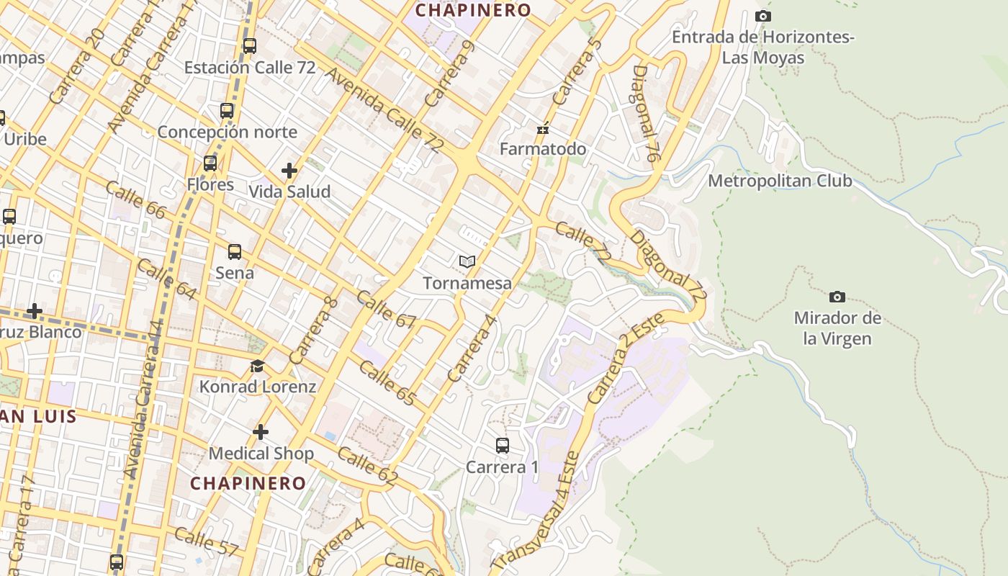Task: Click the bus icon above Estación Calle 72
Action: tap(250, 46)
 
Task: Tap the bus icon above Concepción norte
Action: tap(227, 111)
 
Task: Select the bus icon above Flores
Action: tap(210, 163)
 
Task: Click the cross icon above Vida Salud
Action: tap(289, 171)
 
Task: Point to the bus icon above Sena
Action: tap(235, 252)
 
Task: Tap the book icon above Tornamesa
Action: tap(467, 261)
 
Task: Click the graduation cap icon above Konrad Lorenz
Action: tap(257, 366)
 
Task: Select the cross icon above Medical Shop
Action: tap(261, 432)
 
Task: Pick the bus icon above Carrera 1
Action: tap(503, 446)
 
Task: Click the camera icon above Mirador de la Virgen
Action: tap(837, 297)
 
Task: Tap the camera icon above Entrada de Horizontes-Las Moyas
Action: tap(763, 16)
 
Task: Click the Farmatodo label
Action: tap(543, 149)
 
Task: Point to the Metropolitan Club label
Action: tap(780, 181)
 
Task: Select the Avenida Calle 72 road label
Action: tap(384, 109)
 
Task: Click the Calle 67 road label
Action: tap(386, 310)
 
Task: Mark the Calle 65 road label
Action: tap(387, 383)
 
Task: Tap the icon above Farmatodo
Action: tap(543, 130)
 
